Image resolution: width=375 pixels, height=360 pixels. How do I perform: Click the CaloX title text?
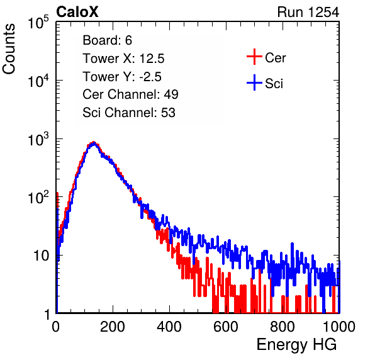point(77,12)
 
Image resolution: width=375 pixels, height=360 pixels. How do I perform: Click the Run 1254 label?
point(308,12)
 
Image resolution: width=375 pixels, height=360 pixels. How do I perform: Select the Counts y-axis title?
point(9,49)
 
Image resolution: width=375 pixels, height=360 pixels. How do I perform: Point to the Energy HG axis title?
point(296,345)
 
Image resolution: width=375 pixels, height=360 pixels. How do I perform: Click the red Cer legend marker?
point(254,57)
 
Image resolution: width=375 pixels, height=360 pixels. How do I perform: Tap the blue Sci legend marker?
point(254,82)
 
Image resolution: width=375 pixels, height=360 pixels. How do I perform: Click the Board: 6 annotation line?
point(107,40)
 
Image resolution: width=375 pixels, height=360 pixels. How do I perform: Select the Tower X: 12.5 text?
point(123,59)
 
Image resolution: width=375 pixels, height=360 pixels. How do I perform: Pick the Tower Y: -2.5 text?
point(122,77)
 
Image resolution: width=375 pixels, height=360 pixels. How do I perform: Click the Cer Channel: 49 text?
point(130,94)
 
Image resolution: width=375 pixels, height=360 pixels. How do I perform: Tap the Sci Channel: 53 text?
point(129,113)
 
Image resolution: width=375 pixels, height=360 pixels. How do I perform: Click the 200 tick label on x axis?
point(113,327)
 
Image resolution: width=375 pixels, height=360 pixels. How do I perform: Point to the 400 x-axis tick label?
point(169,327)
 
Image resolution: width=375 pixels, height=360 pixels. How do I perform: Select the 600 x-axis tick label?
point(226,327)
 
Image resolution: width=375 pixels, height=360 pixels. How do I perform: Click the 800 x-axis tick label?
point(283,327)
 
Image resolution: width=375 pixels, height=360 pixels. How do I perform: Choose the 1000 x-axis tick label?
point(339,327)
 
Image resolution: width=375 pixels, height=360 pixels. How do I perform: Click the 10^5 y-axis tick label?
point(38,23)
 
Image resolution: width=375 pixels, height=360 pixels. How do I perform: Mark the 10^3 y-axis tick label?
point(38,139)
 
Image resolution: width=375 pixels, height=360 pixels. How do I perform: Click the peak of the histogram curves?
point(94,143)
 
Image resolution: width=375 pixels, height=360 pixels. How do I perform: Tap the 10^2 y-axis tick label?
point(38,198)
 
